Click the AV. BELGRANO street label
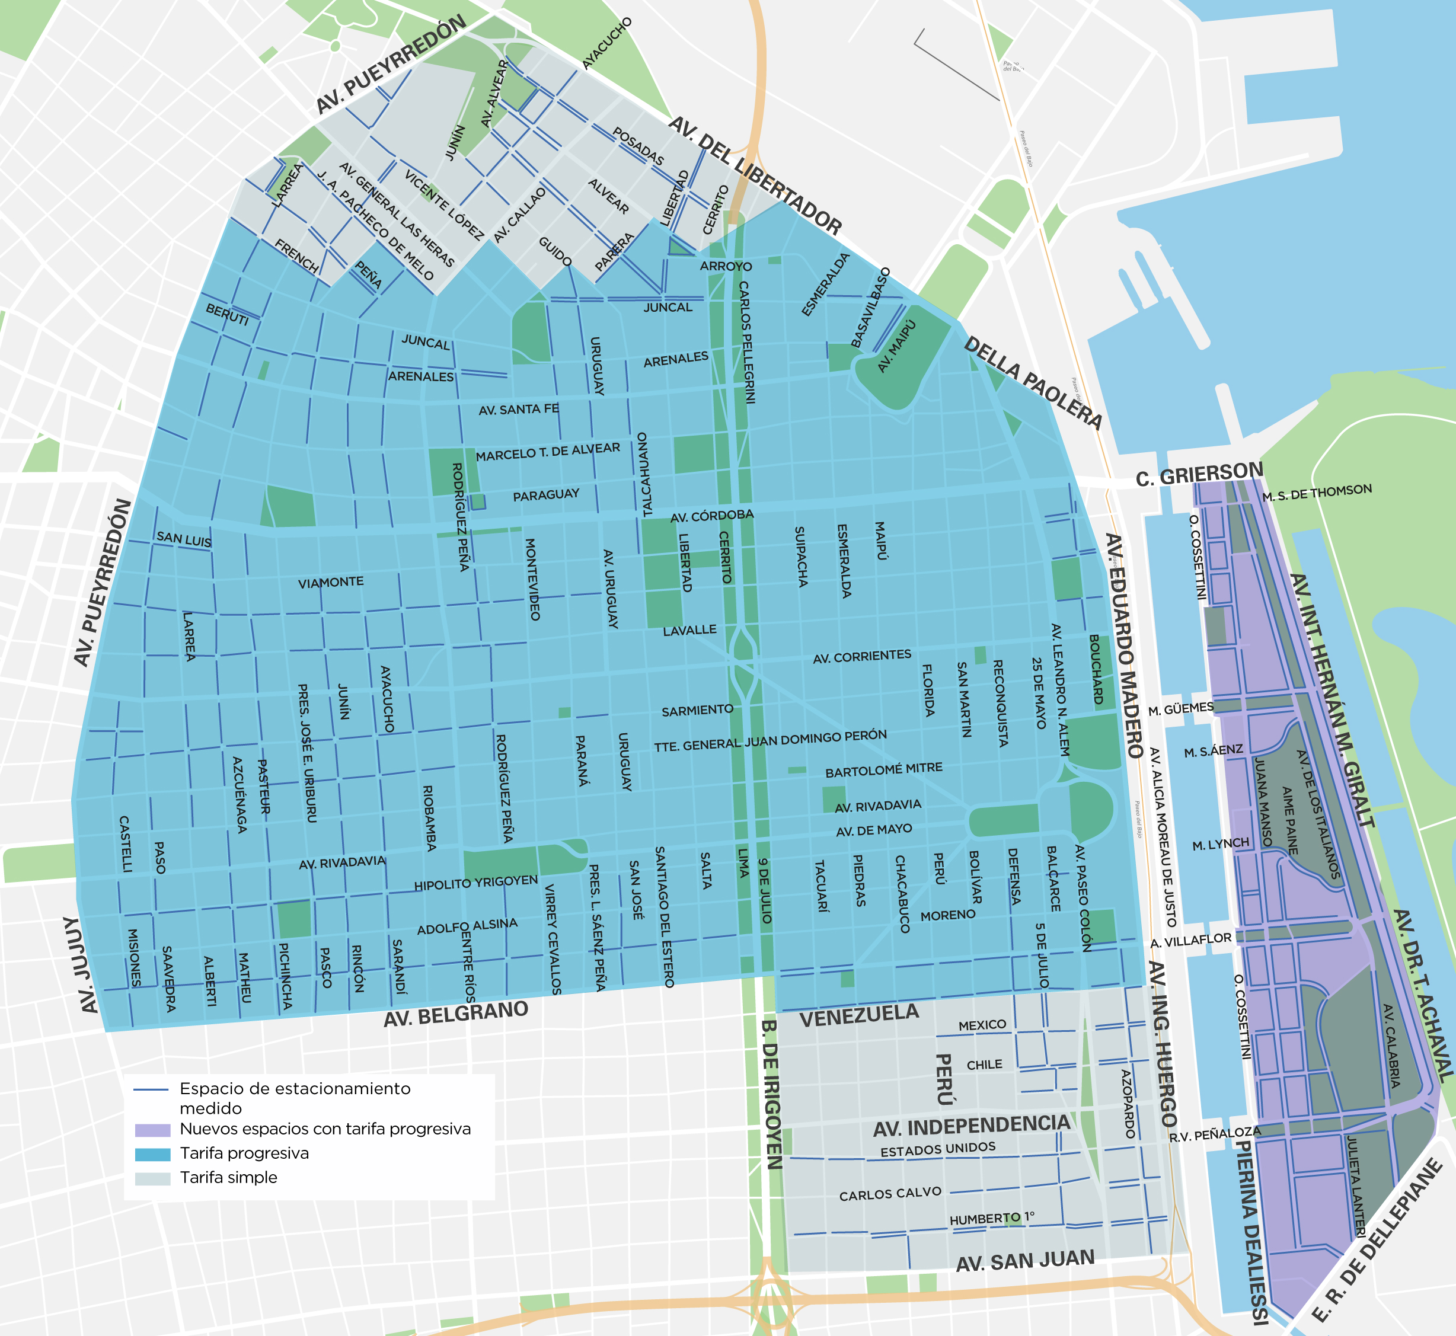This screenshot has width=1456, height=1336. pos(455,1014)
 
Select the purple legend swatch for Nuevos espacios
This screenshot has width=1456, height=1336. pos(152,1130)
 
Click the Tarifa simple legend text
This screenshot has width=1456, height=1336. pos(228,1178)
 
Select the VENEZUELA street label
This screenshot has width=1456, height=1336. pos(859,1017)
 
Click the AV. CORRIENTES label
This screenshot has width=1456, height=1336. pos(862,656)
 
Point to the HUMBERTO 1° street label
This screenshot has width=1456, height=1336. pos(992,1219)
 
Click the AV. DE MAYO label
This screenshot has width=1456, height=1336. pos(873,830)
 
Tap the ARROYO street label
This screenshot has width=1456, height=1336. pos(726,266)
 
